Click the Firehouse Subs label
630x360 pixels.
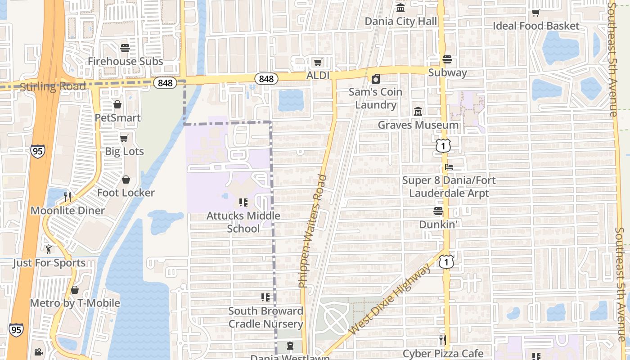coord(125,61)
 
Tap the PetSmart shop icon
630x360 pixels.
coord(117,104)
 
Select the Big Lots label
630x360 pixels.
coord(124,151)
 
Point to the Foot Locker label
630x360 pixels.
coord(126,193)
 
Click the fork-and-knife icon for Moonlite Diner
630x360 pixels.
coord(67,197)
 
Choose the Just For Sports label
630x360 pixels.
coord(49,263)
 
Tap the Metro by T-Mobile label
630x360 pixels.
coord(75,303)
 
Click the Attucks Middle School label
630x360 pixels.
coord(243,222)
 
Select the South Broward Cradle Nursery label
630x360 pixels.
coord(265,317)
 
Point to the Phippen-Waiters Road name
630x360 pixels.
coord(312,230)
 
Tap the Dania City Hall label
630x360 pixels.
coord(400,21)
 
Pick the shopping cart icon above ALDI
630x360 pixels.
coord(318,62)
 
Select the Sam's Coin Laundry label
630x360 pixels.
coord(376,99)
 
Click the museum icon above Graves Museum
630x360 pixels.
coord(418,111)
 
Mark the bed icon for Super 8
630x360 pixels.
coord(449,167)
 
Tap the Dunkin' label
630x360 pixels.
coord(438,224)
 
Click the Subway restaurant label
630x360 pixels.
coord(447,72)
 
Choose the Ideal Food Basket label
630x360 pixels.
coord(536,26)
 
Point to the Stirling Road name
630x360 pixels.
coord(53,86)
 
